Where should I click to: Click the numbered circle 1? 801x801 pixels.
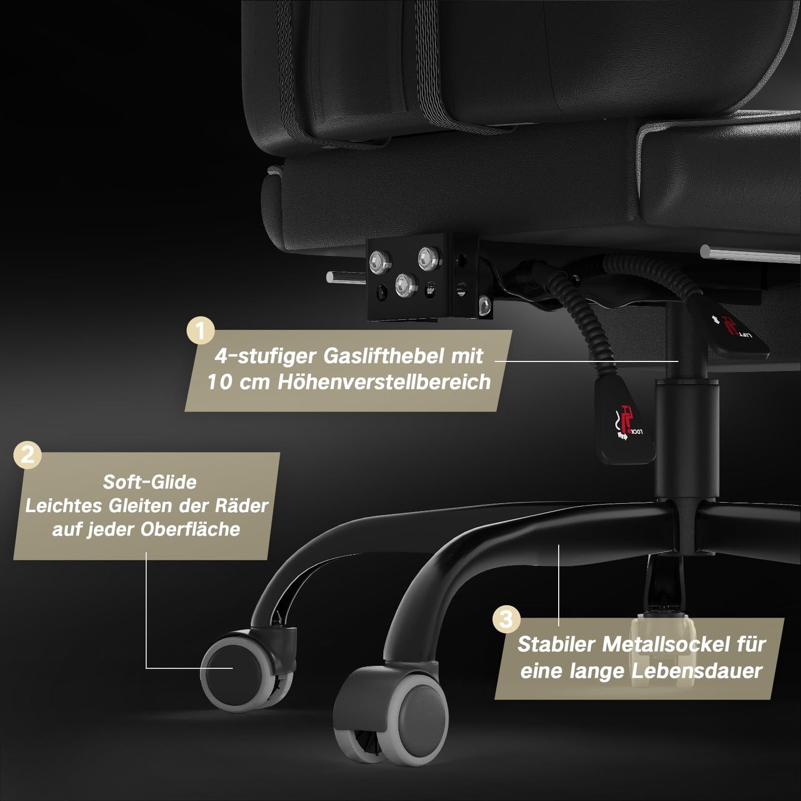pyautogui.click(x=201, y=331)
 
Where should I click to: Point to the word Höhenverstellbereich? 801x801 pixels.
pyautogui.click(x=384, y=382)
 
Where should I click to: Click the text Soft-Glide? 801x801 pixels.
pyautogui.click(x=150, y=482)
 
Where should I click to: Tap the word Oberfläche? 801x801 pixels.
pyautogui.click(x=190, y=529)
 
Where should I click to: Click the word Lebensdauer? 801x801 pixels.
pyautogui.click(x=697, y=671)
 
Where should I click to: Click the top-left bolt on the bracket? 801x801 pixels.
pyautogui.click(x=380, y=259)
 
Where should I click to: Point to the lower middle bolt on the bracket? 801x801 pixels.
pyautogui.click(x=405, y=284)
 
